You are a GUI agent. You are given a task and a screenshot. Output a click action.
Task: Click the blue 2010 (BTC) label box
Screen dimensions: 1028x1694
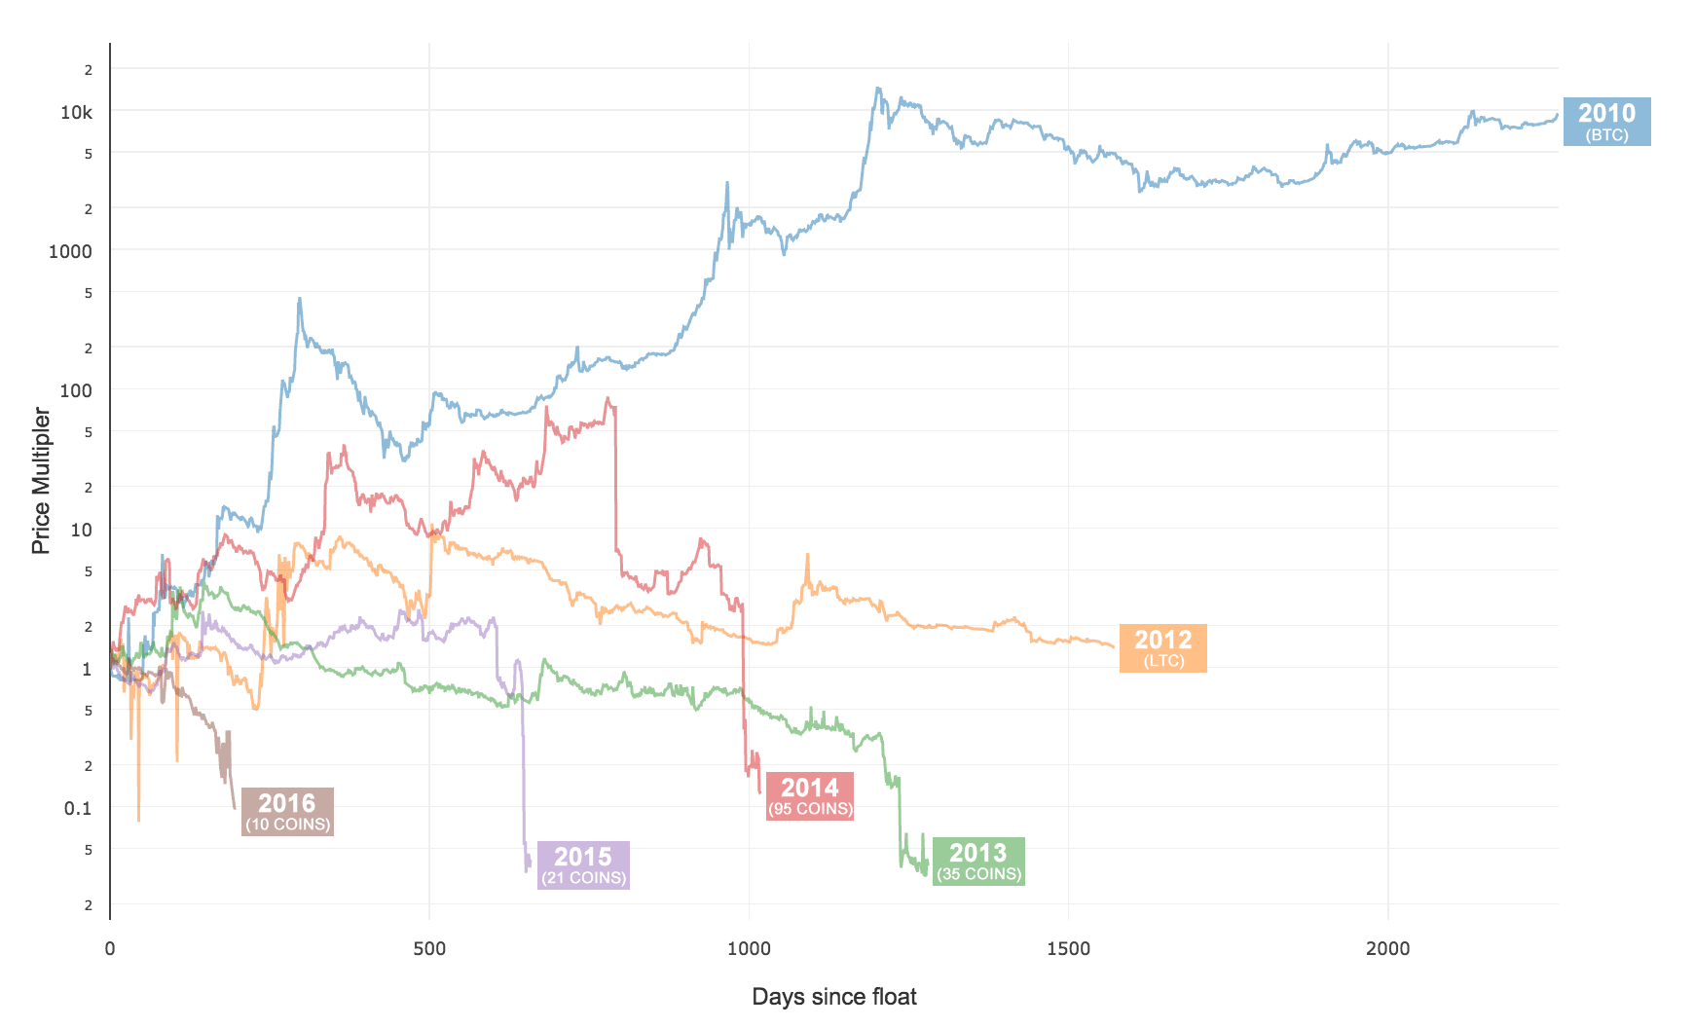1606,122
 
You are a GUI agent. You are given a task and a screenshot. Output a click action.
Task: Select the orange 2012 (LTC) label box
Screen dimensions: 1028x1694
1162,648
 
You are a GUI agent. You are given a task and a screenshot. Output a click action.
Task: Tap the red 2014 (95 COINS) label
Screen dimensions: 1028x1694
809,796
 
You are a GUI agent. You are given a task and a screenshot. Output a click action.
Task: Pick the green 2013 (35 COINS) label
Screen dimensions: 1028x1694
977,862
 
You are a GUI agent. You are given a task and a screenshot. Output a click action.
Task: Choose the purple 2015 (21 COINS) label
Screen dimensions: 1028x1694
583,865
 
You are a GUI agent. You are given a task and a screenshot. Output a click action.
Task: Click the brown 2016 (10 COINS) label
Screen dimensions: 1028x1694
287,812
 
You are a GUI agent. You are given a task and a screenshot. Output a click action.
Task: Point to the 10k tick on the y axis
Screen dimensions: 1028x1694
77,113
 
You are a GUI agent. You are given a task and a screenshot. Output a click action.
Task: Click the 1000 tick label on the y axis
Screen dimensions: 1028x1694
71,251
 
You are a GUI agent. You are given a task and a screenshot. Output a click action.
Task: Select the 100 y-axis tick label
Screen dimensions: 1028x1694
76,390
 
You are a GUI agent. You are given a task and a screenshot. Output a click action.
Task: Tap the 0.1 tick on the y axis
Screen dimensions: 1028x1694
78,808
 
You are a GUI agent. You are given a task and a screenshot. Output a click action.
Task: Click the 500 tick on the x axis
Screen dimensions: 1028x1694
429,949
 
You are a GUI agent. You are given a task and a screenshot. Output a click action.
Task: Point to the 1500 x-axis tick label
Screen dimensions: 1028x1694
1068,949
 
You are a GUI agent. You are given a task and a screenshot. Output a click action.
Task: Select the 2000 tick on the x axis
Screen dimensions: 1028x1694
1387,949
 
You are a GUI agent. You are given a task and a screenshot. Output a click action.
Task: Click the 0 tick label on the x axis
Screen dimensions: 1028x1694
110,949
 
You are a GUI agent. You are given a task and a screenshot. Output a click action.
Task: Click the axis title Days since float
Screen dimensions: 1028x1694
834,997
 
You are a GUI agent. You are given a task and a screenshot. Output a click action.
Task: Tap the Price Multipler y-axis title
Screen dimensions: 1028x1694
41,481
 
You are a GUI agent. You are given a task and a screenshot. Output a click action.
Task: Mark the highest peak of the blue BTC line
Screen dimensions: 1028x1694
878,89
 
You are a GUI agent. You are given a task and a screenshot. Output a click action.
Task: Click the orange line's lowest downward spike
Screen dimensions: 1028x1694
138,820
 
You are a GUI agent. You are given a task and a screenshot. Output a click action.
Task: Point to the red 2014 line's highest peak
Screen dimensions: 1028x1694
608,398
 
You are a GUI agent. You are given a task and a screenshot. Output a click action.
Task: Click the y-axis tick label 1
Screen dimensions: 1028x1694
87,669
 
